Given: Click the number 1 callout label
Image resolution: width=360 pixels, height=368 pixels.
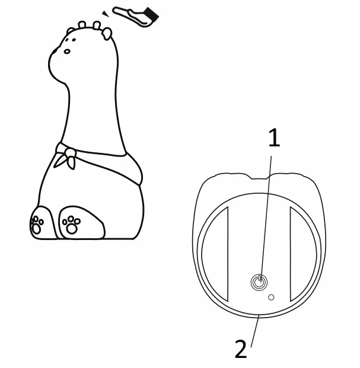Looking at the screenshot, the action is [x=274, y=137].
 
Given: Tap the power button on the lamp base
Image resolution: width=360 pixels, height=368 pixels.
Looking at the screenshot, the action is [x=259, y=281].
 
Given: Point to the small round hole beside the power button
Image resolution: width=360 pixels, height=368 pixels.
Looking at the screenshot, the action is [x=271, y=297].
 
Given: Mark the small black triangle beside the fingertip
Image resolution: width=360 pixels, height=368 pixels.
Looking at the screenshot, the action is [x=106, y=14].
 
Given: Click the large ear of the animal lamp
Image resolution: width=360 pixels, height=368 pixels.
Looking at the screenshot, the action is [x=107, y=34].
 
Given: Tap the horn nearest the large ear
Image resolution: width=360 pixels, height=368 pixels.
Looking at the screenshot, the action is [x=97, y=25].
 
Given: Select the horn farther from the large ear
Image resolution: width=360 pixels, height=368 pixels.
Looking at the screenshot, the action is [x=82, y=24].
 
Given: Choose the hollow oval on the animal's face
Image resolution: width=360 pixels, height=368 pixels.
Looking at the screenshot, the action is [x=67, y=51].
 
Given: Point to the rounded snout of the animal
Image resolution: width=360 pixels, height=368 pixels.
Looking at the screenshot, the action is [x=55, y=63].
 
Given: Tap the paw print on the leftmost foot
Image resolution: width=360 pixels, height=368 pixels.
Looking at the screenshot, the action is [x=37, y=225].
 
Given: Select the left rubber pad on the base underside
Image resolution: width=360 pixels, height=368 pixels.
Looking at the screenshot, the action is [x=215, y=254].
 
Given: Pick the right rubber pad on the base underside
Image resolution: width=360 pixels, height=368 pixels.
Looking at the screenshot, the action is [x=304, y=254].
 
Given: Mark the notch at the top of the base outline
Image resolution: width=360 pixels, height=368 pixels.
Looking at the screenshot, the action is [x=260, y=177].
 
